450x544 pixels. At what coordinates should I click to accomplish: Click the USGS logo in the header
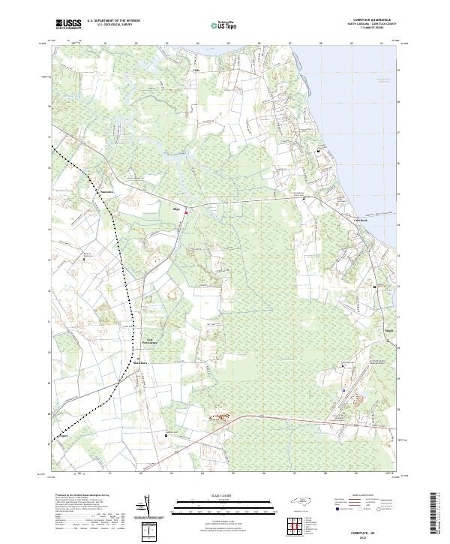coord(68,25)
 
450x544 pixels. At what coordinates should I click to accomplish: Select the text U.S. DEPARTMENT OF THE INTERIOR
coord(113,21)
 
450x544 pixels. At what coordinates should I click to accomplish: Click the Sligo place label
coord(178,209)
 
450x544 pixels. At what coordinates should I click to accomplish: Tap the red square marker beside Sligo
coord(186,212)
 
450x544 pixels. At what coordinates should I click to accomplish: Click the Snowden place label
coord(106,191)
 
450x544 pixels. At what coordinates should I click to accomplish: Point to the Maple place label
coord(368,329)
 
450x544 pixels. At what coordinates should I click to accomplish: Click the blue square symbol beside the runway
coord(343,390)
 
